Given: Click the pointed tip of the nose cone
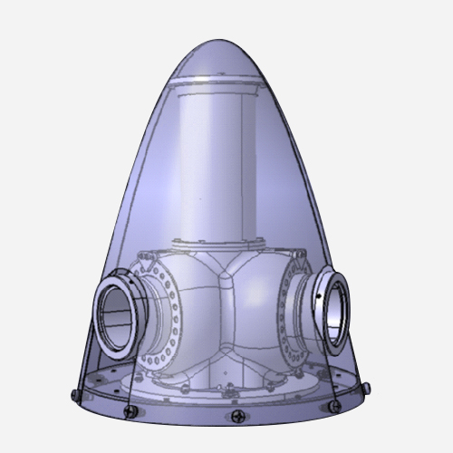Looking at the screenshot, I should click(x=224, y=40).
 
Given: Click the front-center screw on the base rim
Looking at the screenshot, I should click(x=238, y=417).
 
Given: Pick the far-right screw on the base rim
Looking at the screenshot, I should click(x=368, y=388).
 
